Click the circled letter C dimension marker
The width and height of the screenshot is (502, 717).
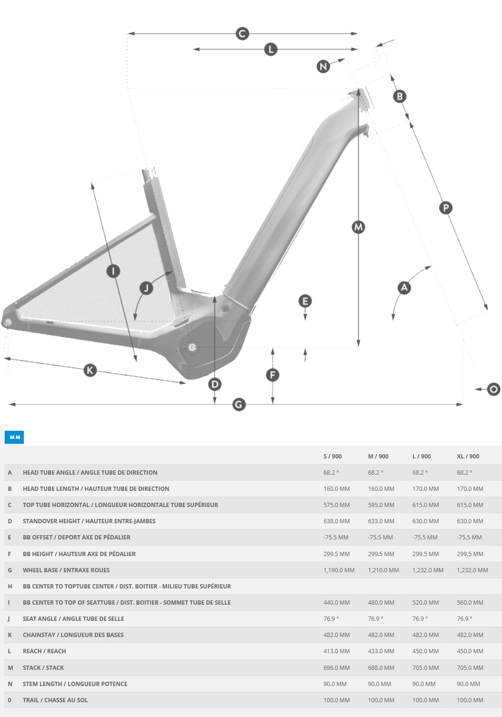[x=242, y=34]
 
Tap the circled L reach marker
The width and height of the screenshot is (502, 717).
[x=271, y=49]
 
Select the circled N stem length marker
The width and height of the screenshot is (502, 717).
[x=323, y=66]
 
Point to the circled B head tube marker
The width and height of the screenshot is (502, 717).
[x=400, y=97]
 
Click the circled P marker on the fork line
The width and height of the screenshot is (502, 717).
[x=445, y=208]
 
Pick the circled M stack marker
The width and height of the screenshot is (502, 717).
[x=358, y=227]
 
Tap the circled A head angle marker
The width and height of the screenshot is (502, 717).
[x=404, y=288]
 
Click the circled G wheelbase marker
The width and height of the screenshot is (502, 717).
[x=239, y=405]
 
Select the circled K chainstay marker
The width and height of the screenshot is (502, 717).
[x=90, y=370]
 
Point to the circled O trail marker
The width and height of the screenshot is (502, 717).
[x=493, y=389]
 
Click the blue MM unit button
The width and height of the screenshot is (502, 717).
[x=14, y=437]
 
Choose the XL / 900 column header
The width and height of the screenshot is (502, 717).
[x=468, y=456]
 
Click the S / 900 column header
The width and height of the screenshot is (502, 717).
[x=332, y=456]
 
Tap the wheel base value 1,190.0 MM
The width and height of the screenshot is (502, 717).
[x=339, y=570]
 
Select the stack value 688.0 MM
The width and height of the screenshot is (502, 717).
[x=381, y=667]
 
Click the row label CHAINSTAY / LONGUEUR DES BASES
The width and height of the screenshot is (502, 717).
[x=73, y=635]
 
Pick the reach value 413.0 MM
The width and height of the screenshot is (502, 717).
[x=336, y=651]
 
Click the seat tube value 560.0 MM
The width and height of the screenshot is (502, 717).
[x=470, y=602]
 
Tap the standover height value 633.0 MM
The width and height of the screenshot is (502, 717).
[x=381, y=521]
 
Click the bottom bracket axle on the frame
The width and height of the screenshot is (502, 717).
[x=192, y=347]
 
